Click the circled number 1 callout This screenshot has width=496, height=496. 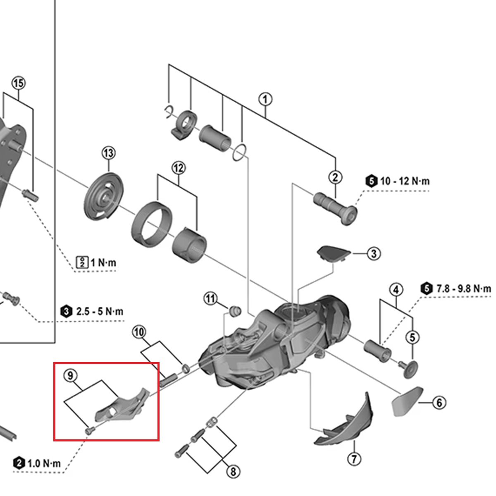(265, 100)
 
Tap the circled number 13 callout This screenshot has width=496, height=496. (109, 153)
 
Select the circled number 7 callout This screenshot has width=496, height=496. (354, 459)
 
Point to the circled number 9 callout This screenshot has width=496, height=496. (70, 376)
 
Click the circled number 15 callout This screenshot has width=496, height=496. (18, 83)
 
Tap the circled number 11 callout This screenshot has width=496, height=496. (211, 298)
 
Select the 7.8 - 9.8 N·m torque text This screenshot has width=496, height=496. (463, 289)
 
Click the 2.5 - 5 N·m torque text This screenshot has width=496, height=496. (99, 311)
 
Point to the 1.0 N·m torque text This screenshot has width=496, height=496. (44, 463)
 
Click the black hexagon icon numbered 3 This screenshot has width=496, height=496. (66, 311)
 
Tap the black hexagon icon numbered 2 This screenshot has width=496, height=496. (19, 463)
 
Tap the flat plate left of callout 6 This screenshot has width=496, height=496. (406, 401)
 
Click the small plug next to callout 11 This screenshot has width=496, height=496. (235, 310)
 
